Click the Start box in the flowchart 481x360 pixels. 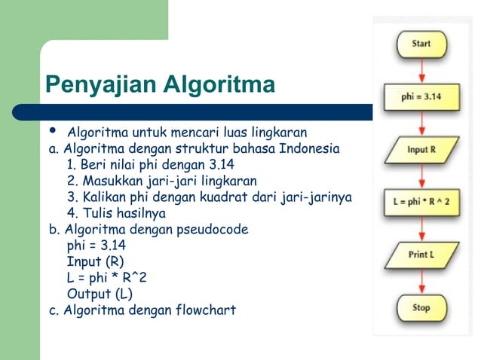421,44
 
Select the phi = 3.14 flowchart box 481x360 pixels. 421,96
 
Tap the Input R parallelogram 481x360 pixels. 421,149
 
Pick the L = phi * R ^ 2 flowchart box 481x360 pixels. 421,202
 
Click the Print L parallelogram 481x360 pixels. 421,255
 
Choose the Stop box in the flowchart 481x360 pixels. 421,307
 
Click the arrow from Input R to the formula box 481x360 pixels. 421,175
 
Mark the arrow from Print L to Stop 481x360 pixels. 421,281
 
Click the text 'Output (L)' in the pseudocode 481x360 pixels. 100,293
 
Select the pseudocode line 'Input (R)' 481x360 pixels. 95,261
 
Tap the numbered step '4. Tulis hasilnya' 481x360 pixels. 116,213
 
